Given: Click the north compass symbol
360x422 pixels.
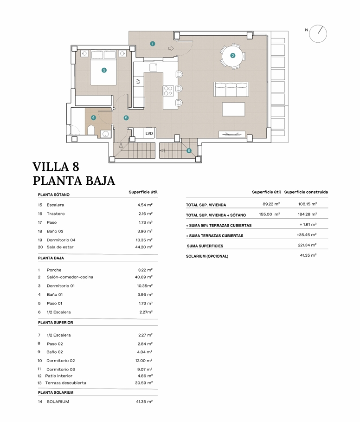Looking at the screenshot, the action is (x=318, y=34).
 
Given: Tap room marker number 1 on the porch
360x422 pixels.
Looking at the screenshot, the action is (x=153, y=44).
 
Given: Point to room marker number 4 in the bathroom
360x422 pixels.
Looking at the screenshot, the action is (x=93, y=117).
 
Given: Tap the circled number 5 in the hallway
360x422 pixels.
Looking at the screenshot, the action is (x=126, y=118).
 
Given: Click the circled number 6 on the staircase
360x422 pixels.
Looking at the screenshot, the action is (x=189, y=151).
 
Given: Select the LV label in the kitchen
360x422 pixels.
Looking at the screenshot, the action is (x=138, y=81).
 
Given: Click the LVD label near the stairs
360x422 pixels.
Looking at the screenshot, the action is (x=149, y=134).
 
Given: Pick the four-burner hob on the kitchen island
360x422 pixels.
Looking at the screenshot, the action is (x=168, y=91).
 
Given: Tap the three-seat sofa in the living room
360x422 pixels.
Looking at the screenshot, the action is (x=231, y=89).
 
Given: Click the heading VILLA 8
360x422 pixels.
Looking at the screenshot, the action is (x=56, y=167).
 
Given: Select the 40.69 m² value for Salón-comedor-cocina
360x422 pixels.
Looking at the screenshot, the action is (x=143, y=277).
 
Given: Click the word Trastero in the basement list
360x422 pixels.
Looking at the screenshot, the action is (x=56, y=214).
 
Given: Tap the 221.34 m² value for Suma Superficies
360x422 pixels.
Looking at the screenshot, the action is (x=307, y=245).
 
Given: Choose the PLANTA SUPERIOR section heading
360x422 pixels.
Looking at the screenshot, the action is (x=55, y=323).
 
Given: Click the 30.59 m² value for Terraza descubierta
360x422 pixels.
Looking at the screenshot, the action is (x=144, y=383).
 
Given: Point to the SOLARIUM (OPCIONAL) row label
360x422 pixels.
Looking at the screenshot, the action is (x=207, y=256).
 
